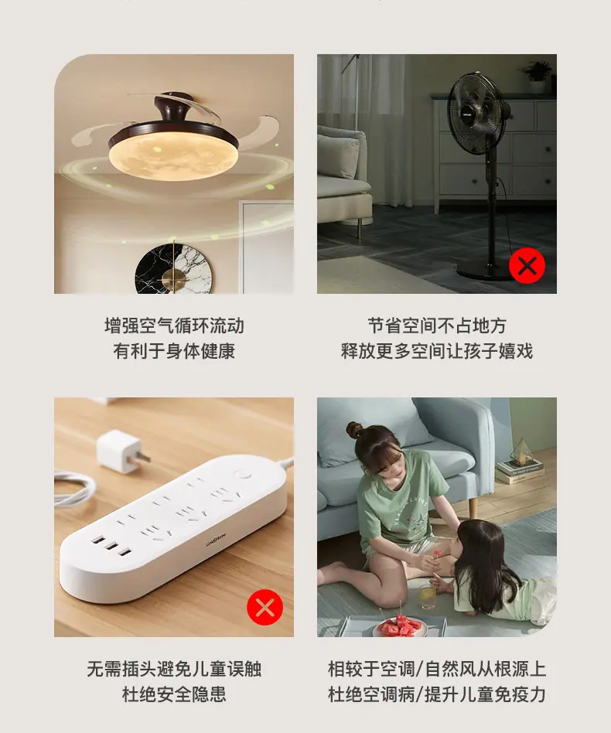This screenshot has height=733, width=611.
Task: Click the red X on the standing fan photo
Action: pos(527,265)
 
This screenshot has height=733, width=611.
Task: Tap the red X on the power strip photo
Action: pos(265,607)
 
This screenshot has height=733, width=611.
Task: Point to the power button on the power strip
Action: pos(243,475)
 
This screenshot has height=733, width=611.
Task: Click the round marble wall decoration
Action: pos(173,269)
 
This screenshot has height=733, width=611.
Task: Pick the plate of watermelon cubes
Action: pos(400,626)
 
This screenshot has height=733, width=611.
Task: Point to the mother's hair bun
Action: pos(355,428)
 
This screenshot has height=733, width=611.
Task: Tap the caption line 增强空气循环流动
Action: pos(174,326)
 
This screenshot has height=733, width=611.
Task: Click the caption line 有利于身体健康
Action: pos(174,351)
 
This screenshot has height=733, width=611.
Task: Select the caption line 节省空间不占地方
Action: pos(437,326)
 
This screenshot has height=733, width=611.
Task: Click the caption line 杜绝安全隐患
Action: pos(174,694)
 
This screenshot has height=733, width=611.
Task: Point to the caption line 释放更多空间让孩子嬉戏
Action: pos(437,351)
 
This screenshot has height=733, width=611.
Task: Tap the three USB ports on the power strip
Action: pos(111,547)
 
